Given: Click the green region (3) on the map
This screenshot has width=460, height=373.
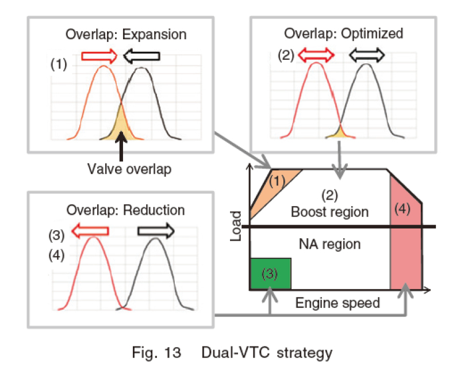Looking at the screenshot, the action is (270, 274).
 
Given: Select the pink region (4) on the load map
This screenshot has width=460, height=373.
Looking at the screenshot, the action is (406, 235).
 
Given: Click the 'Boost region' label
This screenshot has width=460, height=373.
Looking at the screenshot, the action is (329, 212).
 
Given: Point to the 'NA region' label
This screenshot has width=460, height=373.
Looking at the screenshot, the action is (329, 244).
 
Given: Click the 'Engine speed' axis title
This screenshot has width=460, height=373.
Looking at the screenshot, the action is (338, 303).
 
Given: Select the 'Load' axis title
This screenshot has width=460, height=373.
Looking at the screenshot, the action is (236, 226).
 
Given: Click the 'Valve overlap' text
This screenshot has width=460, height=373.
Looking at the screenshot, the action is (129, 169).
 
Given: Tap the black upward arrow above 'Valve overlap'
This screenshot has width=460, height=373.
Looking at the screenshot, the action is (121, 146).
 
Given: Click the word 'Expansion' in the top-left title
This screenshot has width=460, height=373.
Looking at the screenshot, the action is (154, 35).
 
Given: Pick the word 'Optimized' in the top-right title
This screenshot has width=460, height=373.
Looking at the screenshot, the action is (372, 33).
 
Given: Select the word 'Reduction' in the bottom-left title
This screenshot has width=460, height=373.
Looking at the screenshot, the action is (154, 210).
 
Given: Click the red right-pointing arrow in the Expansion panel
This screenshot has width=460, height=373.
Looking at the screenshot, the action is (99, 56).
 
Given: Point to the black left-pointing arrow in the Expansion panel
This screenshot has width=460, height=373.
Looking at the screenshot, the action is (141, 56).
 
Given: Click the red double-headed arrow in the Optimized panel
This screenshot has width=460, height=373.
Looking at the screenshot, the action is (316, 55).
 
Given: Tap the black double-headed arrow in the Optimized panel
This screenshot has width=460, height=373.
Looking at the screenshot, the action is (367, 55).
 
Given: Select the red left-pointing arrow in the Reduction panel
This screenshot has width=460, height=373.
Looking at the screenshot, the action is (90, 231).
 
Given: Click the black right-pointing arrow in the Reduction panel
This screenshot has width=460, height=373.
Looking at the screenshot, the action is (156, 231).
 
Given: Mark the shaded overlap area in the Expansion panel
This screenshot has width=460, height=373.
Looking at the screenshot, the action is (121, 126).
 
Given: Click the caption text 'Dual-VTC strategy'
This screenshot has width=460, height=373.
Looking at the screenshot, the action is (267, 352).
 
